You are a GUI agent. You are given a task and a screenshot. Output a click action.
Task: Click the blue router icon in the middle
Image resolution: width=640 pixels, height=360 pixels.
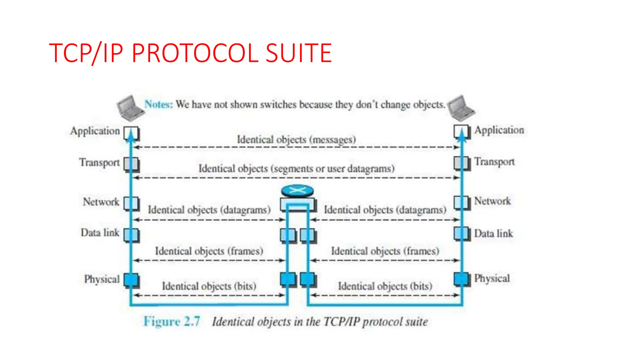tap(297, 190)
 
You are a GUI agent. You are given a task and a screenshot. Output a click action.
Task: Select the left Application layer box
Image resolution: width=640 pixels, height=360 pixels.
tap(131, 133)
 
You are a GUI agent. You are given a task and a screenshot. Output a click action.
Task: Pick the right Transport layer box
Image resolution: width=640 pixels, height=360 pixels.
tap(462, 163)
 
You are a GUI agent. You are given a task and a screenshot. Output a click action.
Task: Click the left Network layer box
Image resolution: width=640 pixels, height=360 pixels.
tap(131, 203)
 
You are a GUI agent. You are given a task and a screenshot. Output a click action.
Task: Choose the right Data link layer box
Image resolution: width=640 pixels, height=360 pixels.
tap(462, 233)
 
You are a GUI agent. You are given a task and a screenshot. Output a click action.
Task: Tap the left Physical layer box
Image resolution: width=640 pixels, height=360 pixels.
tap(131, 280)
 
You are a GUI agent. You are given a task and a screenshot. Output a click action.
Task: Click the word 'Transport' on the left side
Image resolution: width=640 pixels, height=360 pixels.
tap(99, 162)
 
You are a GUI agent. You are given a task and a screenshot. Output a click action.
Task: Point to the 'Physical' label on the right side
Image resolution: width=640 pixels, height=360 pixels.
tap(492, 278)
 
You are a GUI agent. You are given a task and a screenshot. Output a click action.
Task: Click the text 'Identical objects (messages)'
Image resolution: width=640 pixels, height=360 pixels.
tap(296, 139)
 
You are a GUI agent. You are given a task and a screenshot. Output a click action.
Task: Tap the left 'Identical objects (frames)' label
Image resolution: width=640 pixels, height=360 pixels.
tap(209, 251)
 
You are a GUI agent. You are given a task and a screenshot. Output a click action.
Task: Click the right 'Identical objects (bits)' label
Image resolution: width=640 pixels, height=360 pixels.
tap(385, 286)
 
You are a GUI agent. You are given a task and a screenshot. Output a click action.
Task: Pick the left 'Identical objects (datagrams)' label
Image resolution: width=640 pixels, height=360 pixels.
tap(209, 210)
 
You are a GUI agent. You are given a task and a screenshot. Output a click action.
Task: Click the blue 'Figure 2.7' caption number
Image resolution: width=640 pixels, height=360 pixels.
tap(172, 322)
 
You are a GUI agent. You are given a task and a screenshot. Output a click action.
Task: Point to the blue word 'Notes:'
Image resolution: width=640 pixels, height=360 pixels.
tap(158, 104)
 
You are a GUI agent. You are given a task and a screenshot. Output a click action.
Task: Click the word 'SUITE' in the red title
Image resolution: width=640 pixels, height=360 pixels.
tap(298, 53)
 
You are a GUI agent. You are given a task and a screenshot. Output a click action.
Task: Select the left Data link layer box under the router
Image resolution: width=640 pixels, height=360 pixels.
tap(288, 235)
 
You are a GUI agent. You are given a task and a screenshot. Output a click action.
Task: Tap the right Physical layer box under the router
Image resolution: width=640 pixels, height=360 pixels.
tap(308, 279)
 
